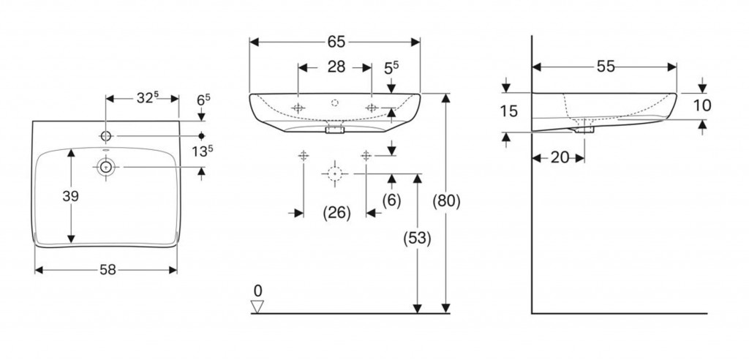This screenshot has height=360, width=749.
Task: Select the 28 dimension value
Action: (x=335, y=67)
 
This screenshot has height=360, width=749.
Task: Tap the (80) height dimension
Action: (x=447, y=200)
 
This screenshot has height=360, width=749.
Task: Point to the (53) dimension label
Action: (x=418, y=238)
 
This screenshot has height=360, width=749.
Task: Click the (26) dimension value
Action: (x=336, y=213)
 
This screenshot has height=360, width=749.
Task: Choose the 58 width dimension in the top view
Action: (x=107, y=270)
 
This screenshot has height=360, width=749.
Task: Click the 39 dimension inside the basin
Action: (x=70, y=196)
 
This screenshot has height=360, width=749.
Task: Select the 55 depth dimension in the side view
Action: (x=605, y=67)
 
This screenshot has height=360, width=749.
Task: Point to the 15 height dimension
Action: (x=511, y=111)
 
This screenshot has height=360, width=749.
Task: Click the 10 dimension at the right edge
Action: (x=701, y=105)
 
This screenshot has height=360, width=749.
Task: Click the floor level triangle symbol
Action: (x=256, y=307)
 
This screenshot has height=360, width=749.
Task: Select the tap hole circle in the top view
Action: (x=107, y=136)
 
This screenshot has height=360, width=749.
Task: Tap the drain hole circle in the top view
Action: (x=107, y=168)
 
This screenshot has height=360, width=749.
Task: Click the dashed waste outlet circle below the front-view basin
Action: (x=334, y=174)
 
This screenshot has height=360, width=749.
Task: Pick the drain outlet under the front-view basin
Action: (x=334, y=131)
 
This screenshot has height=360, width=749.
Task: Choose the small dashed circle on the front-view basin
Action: (x=335, y=103)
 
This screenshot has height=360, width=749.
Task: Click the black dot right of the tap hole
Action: (x=202, y=136)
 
